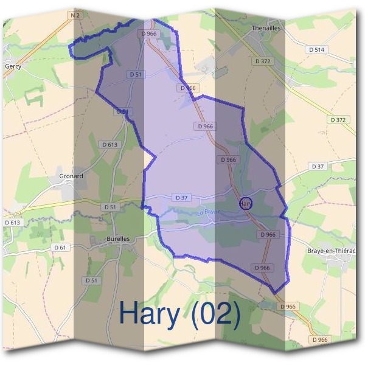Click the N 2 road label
[75, 15]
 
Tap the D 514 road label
[316, 49]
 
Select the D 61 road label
[60, 247]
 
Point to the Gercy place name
[13, 66]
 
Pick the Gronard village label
[71, 176]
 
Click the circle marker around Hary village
[246, 204]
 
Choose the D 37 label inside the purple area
[182, 198]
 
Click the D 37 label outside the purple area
[318, 166]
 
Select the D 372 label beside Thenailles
[263, 61]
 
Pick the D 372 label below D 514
[338, 120]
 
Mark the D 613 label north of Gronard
[110, 144]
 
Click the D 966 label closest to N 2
[148, 34]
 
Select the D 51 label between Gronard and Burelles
[109, 207]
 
